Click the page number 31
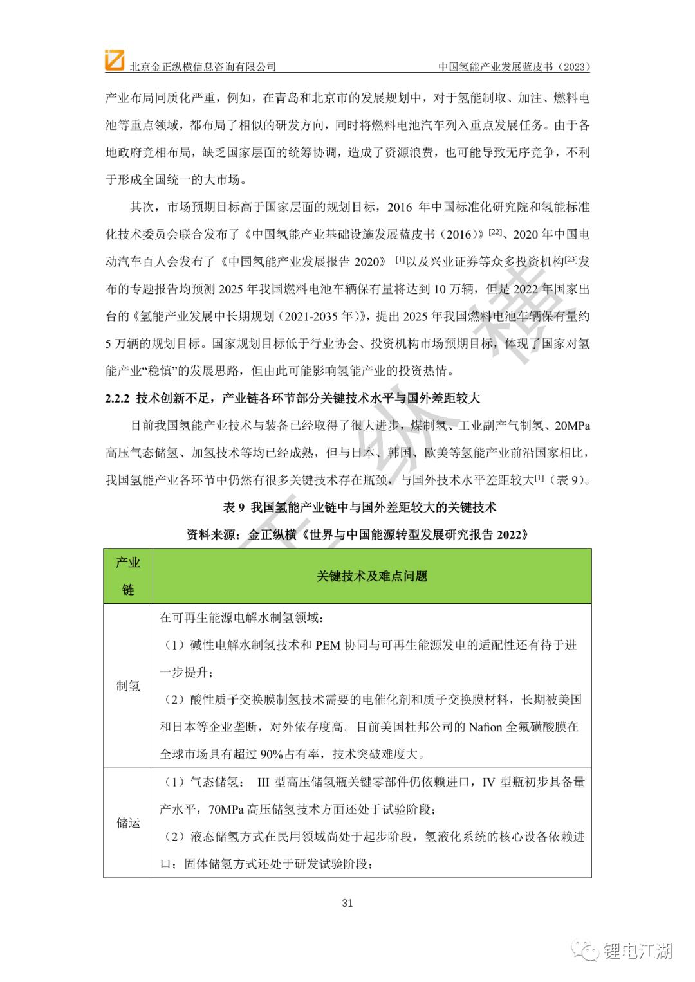[x=347, y=903]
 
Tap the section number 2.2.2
[x=117, y=398]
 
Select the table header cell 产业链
[x=128, y=576]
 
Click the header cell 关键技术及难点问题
[x=372, y=576]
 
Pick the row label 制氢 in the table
[x=128, y=686]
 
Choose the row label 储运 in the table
[x=128, y=823]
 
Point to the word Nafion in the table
[x=485, y=727]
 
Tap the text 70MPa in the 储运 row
[x=226, y=809]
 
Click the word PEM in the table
[x=328, y=645]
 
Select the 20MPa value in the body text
[x=572, y=426]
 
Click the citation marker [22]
[x=495, y=232]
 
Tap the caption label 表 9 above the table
[x=234, y=507]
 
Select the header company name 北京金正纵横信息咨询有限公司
[x=203, y=67]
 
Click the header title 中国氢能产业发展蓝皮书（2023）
[x=514, y=67]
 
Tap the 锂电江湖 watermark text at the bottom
[x=637, y=950]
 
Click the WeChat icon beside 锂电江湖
[x=586, y=950]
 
